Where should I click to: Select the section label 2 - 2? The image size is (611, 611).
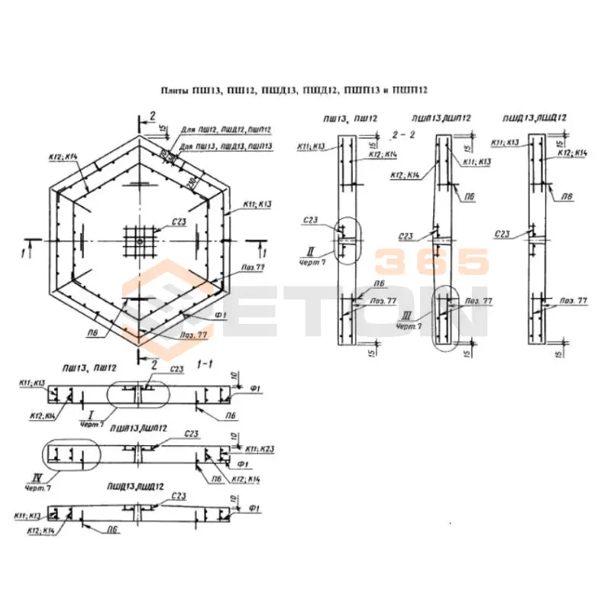402,134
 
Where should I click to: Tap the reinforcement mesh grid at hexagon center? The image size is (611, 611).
139,240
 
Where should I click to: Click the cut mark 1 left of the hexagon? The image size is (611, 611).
25,251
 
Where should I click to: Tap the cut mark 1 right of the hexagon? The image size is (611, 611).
264,251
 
